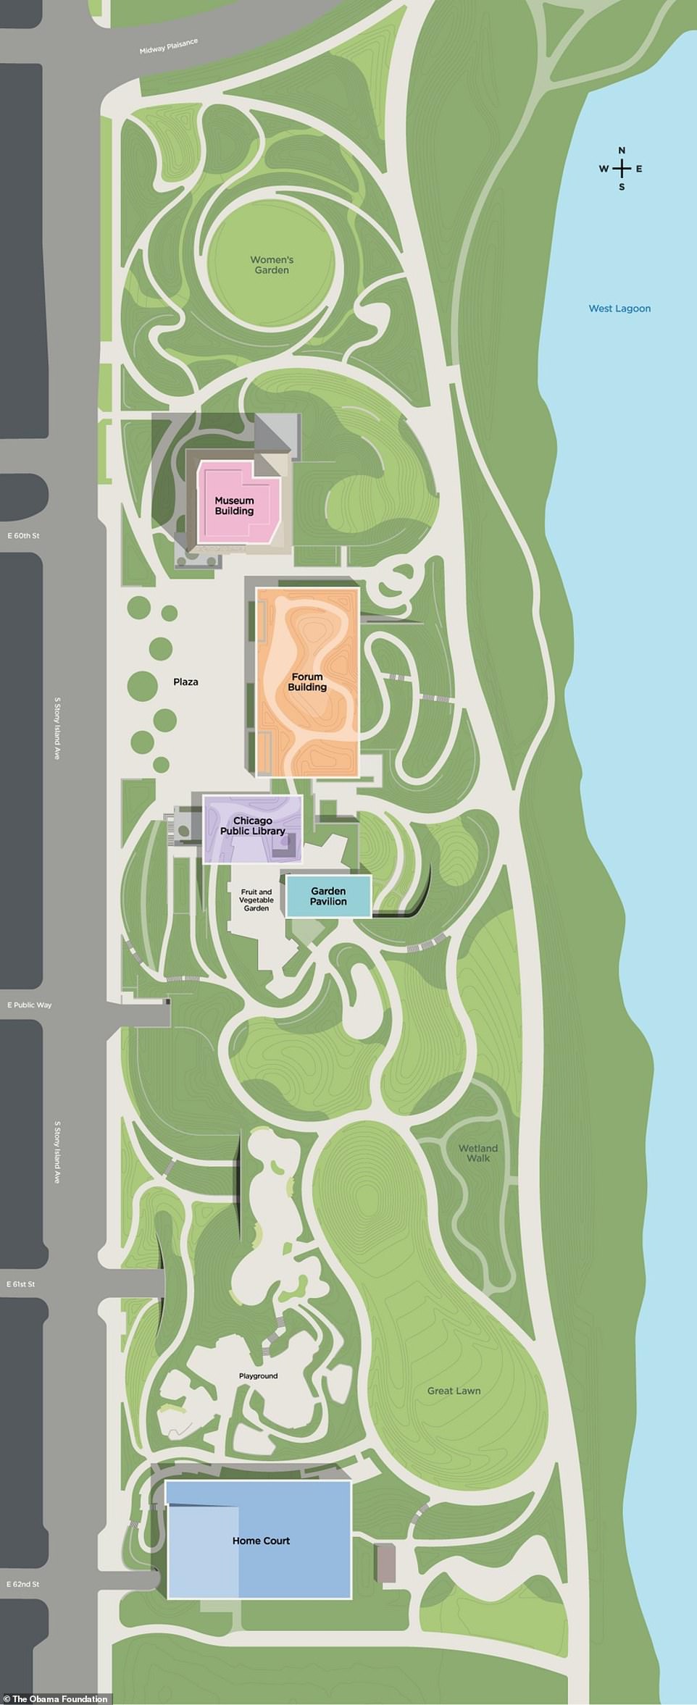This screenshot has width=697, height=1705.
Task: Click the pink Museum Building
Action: [235, 506]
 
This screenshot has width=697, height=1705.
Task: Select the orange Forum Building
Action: [307, 682]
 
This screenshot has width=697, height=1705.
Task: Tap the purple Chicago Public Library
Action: [252, 826]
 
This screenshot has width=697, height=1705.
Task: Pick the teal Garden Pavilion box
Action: [328, 896]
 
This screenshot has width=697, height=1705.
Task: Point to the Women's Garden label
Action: [272, 265]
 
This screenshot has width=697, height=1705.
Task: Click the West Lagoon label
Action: [619, 309]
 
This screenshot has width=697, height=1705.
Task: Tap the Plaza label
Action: [185, 682]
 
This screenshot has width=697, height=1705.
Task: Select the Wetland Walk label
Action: [477, 1152]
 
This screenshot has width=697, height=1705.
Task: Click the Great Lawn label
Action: [454, 1390]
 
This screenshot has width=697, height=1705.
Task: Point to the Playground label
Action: [259, 1375]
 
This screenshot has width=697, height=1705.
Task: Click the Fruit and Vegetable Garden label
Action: [256, 900]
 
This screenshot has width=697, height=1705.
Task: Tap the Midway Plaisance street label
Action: [168, 47]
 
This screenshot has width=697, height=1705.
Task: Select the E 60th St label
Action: [21, 536]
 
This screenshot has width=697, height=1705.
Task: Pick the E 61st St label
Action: [21, 1284]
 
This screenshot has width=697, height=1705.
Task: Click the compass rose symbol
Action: [621, 169]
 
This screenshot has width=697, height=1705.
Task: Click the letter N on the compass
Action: [621, 151]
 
